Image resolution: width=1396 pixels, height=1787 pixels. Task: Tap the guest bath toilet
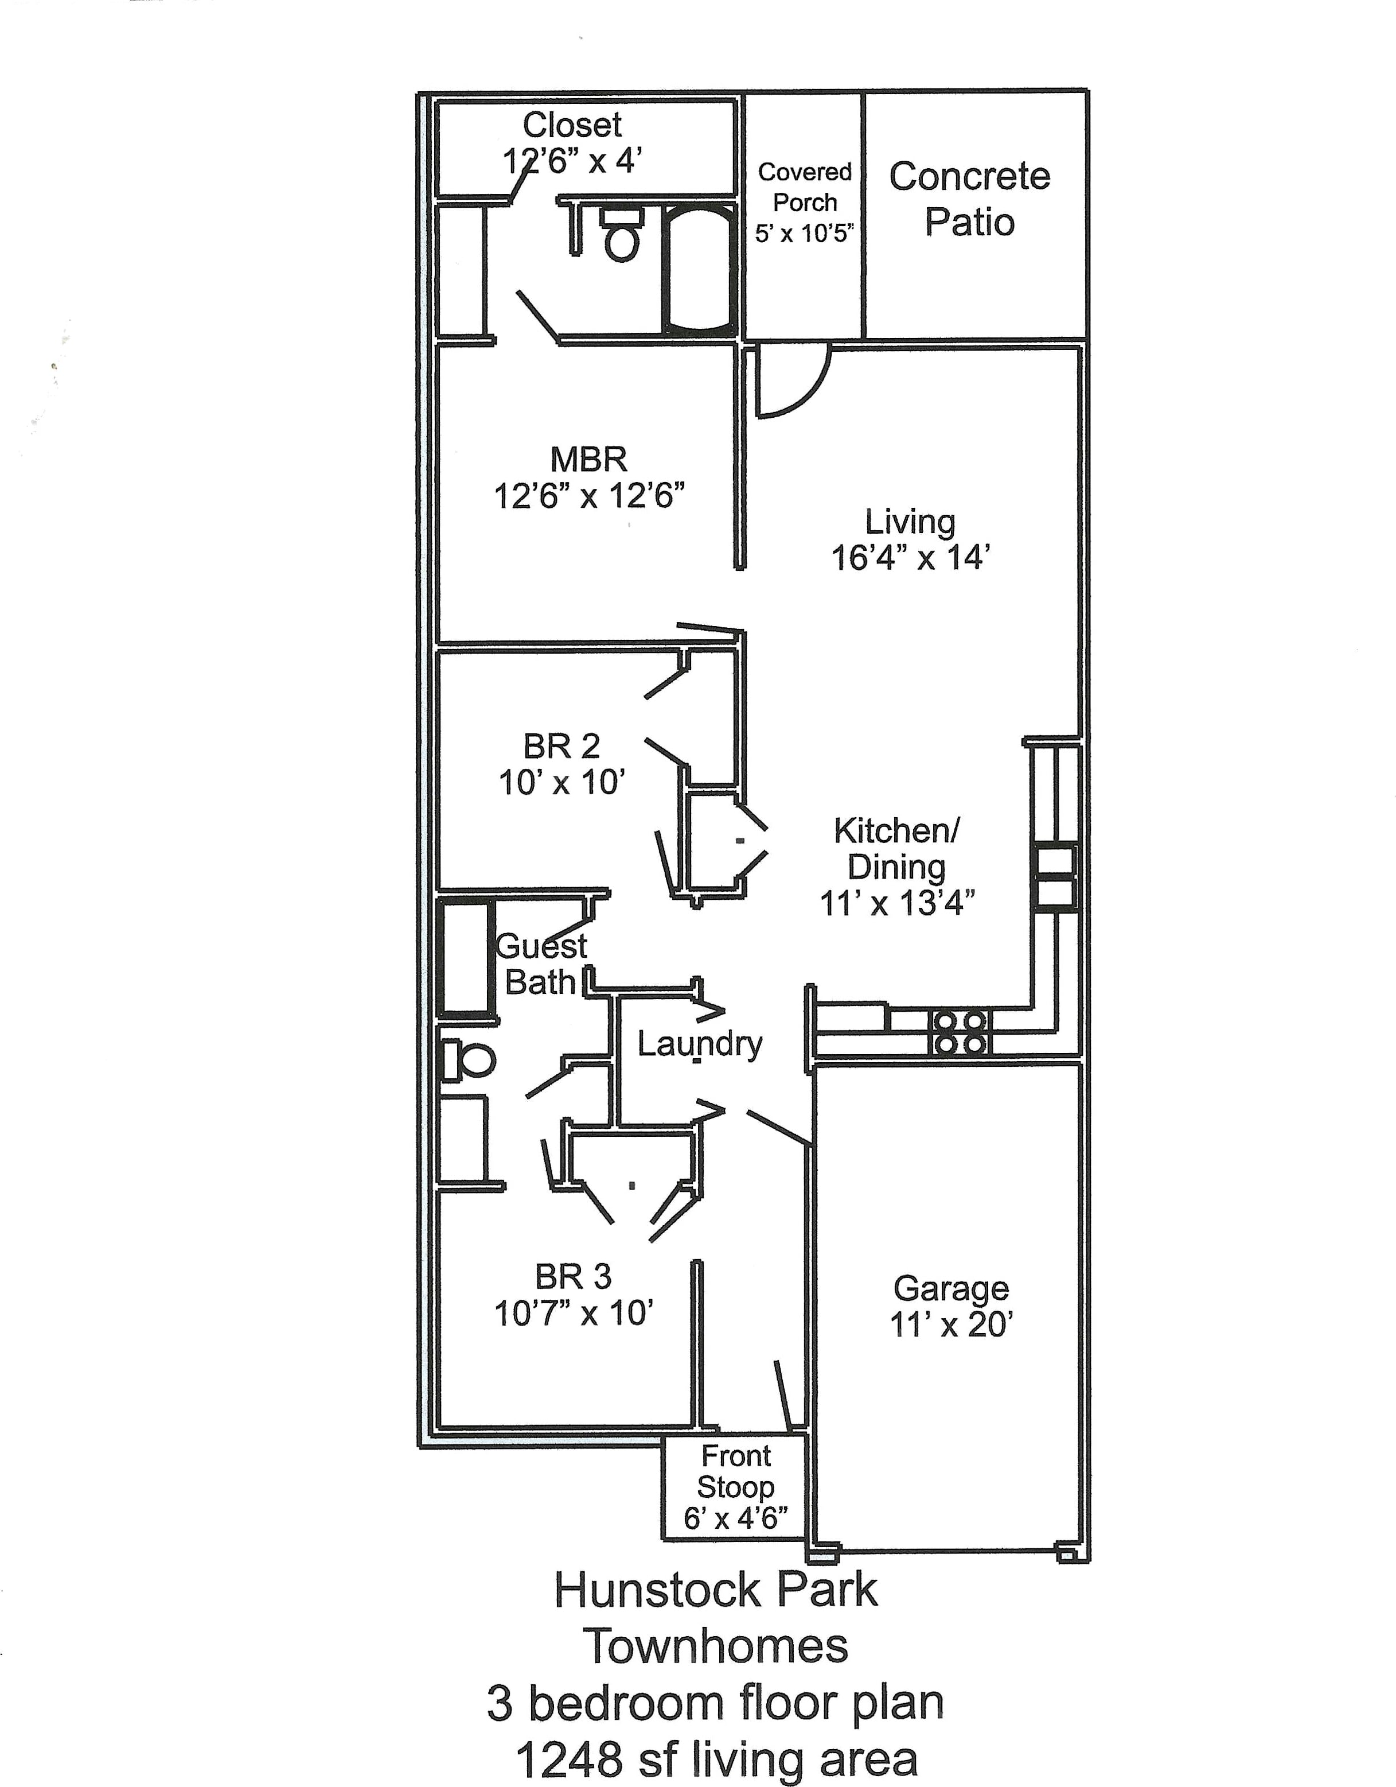[x=468, y=1060]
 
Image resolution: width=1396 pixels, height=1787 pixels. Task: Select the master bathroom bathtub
[x=699, y=271]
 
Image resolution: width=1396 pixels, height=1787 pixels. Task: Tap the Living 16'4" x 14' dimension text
[x=910, y=558]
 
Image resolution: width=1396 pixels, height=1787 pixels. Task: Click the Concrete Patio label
[x=969, y=199]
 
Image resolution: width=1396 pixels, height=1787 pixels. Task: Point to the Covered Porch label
[x=805, y=188]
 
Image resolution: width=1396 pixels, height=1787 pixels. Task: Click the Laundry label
[x=699, y=1044]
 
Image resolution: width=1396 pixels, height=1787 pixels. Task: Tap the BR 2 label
[x=562, y=746]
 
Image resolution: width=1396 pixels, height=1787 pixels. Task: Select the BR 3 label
[x=574, y=1276]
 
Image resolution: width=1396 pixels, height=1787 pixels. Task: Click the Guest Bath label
[x=541, y=964]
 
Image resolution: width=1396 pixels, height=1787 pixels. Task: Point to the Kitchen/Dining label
[x=896, y=849]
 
